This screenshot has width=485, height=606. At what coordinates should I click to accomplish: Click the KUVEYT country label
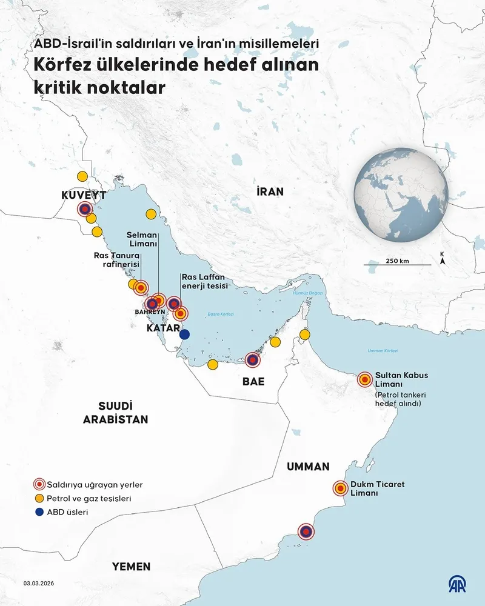(x=84, y=195)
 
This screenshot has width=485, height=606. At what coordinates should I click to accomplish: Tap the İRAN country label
(x=270, y=191)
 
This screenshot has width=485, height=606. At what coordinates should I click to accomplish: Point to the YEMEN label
(x=130, y=567)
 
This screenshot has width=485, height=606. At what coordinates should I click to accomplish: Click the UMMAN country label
(x=308, y=467)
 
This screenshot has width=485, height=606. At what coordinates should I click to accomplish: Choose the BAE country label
(x=253, y=382)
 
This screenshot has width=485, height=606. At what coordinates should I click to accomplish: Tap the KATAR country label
(x=162, y=328)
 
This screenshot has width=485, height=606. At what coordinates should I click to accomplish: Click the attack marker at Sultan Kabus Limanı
(x=364, y=380)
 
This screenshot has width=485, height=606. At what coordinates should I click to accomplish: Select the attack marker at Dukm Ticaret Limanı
(x=341, y=488)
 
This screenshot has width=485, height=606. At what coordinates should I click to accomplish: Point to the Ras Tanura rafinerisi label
(x=117, y=260)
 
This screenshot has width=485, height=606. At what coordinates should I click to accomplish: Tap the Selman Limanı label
(x=142, y=239)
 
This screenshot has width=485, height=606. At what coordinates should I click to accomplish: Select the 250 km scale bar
(x=398, y=265)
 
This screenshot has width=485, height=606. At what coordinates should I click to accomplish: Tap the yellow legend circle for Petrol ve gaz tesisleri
(x=39, y=498)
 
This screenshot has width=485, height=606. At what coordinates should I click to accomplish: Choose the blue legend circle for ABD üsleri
(x=39, y=512)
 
